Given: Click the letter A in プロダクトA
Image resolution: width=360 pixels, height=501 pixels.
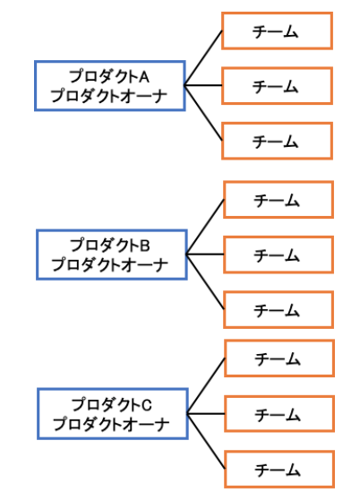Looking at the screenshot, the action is [x=144, y=77].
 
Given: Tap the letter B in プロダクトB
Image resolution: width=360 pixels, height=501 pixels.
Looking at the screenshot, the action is [x=145, y=246].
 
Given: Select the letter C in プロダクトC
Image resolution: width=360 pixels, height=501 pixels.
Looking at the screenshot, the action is [x=147, y=405].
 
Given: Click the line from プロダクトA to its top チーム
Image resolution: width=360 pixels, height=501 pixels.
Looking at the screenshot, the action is [x=203, y=58].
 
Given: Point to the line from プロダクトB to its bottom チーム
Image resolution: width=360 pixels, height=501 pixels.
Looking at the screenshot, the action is [x=205, y=281].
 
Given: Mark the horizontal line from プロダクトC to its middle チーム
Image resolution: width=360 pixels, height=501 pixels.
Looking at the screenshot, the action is [x=206, y=414].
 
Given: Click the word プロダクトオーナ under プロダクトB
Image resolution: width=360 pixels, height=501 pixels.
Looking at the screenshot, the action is [x=110, y=264].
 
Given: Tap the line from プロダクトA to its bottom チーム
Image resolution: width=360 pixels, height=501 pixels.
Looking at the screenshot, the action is [x=203, y=113].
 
